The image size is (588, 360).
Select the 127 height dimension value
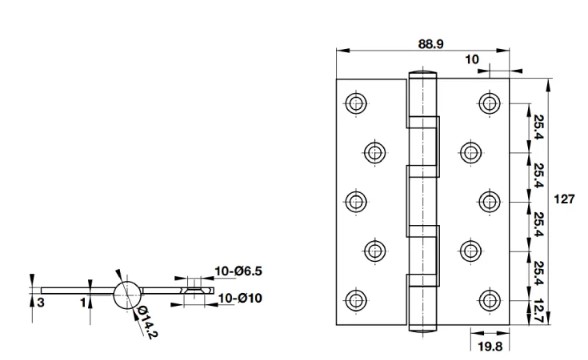click(567, 198)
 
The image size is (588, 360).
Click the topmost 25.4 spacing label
click(537, 127)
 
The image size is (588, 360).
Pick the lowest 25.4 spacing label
click(537, 272)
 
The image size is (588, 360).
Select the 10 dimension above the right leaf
click(472, 60)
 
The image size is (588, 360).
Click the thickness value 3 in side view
click(41, 300)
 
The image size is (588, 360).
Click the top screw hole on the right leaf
click(488, 102)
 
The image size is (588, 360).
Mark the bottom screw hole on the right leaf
click(488, 298)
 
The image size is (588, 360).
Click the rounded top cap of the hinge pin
click(422, 76)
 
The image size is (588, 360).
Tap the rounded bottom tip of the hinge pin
click(422, 325)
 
